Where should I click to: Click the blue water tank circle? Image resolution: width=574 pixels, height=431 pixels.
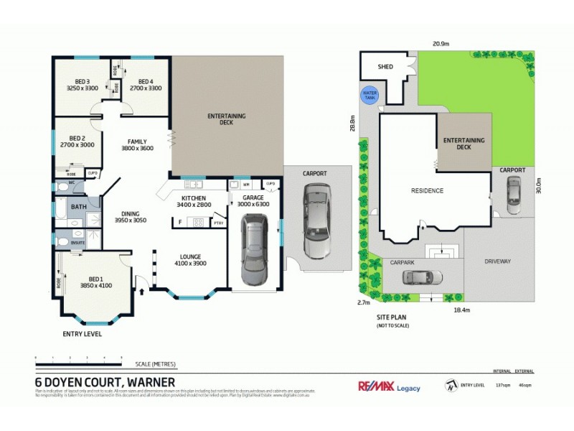pyautogui.click(x=370, y=95)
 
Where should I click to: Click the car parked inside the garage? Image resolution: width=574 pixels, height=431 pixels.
pyautogui.click(x=254, y=252)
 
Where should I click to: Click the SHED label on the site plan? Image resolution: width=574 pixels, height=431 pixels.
pyautogui.click(x=385, y=67)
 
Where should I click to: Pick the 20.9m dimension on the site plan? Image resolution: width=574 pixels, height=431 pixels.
pyautogui.click(x=441, y=44)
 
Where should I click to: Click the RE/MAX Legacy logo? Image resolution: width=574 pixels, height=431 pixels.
pyautogui.click(x=390, y=386)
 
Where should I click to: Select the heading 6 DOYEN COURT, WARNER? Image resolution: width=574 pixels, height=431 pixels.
pyautogui.click(x=105, y=381)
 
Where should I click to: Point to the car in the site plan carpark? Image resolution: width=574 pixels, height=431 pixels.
pyautogui.click(x=418, y=278)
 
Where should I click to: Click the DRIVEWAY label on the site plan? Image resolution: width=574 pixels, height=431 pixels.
pyautogui.click(x=498, y=261)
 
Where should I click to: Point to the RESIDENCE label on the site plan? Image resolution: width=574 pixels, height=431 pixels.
pyautogui.click(x=427, y=190)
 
